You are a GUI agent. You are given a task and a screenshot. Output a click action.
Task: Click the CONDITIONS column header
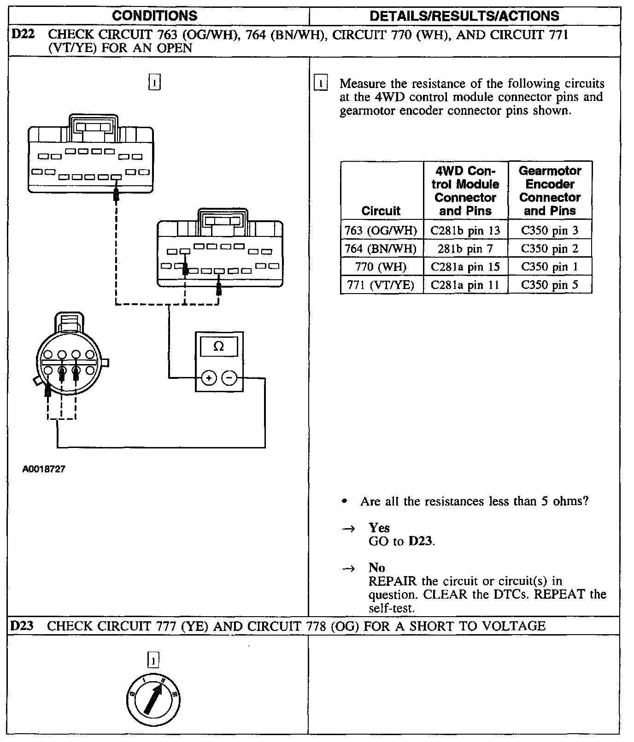(155, 16)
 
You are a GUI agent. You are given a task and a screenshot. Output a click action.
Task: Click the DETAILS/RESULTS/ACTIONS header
(464, 16)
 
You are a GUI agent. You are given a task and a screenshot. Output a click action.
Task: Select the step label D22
(23, 35)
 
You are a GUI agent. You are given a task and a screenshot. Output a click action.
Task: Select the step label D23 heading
(22, 626)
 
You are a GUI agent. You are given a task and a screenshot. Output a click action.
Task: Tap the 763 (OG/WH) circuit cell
(381, 230)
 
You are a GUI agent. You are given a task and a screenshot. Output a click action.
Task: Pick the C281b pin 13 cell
(465, 230)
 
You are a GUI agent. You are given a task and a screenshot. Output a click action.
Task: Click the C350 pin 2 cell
(550, 248)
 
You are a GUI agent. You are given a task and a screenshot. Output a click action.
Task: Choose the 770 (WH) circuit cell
(381, 266)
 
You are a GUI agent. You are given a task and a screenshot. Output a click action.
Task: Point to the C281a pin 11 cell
(465, 285)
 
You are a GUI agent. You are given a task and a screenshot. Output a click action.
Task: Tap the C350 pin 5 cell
(550, 285)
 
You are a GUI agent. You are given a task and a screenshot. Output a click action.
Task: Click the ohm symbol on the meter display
(219, 347)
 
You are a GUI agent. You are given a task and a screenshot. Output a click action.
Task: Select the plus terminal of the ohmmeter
(209, 378)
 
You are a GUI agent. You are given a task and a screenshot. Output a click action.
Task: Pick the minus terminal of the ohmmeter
(229, 378)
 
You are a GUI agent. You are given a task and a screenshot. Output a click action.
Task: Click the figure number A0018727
(44, 469)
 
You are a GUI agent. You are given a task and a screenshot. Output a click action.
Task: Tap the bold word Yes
(379, 528)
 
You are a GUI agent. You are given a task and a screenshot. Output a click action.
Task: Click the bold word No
(376, 568)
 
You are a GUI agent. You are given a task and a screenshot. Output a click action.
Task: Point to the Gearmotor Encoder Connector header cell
(550, 190)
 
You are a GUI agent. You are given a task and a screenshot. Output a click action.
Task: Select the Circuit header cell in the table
(381, 211)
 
